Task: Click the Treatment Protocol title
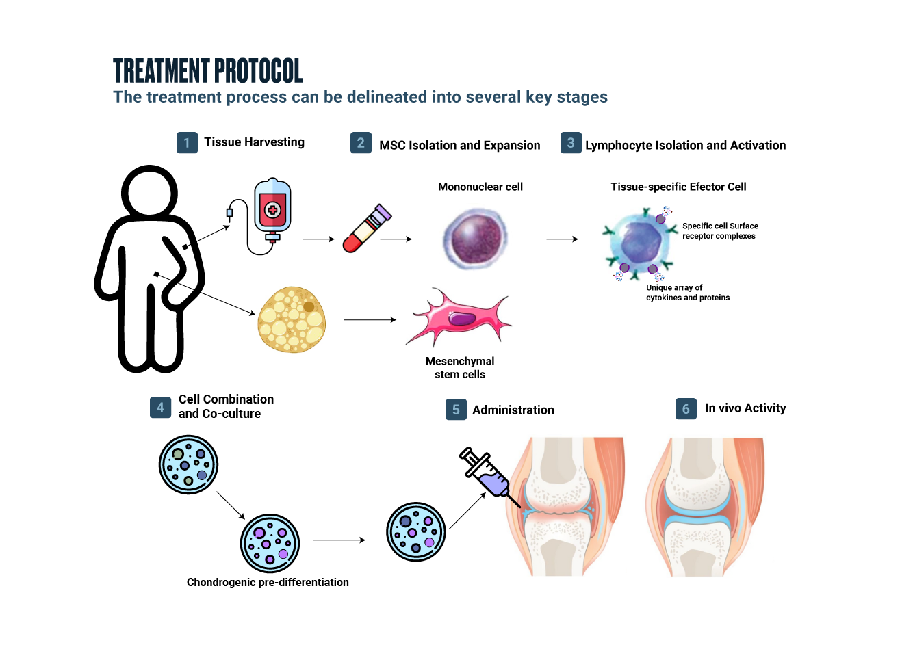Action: point(208,70)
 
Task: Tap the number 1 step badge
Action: point(187,143)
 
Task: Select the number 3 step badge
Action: point(571,143)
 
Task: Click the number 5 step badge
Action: point(456,410)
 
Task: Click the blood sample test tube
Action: point(366,228)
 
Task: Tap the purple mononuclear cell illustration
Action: point(475,239)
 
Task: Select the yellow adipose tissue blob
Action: point(292,319)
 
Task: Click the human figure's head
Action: point(149,192)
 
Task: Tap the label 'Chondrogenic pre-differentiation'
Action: point(268,582)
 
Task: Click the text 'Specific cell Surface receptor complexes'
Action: point(720,231)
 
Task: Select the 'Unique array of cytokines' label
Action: point(687,293)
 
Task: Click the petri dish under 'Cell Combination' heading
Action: point(188,465)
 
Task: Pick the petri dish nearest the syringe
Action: point(416,532)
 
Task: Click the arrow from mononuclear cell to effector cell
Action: point(562,239)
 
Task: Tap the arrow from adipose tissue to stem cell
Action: point(370,319)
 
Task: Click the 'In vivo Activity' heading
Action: point(745,408)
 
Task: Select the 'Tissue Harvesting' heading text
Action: point(254,142)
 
